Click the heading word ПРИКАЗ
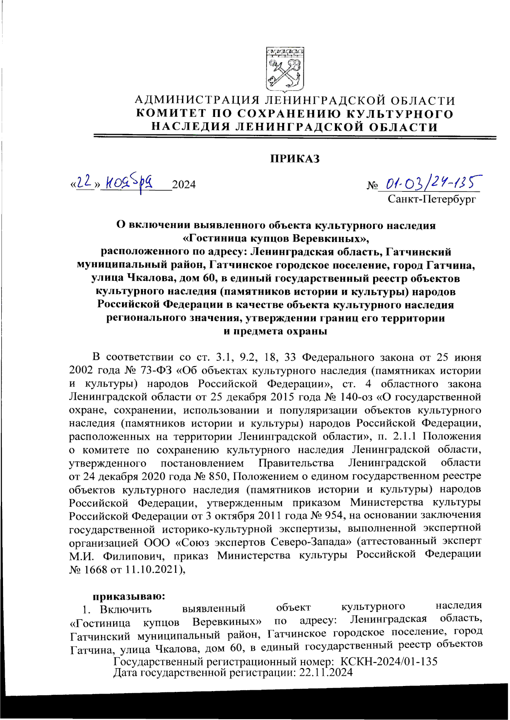[295, 159]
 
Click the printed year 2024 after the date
[184, 185]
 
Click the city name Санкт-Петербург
[431, 199]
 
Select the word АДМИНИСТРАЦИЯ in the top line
[198, 101]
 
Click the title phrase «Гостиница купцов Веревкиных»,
[277, 239]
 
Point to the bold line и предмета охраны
[275, 331]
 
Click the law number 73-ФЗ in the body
[156, 370]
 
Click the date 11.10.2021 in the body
[153, 569]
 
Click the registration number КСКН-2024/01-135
[388, 661]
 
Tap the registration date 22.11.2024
[326, 672]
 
